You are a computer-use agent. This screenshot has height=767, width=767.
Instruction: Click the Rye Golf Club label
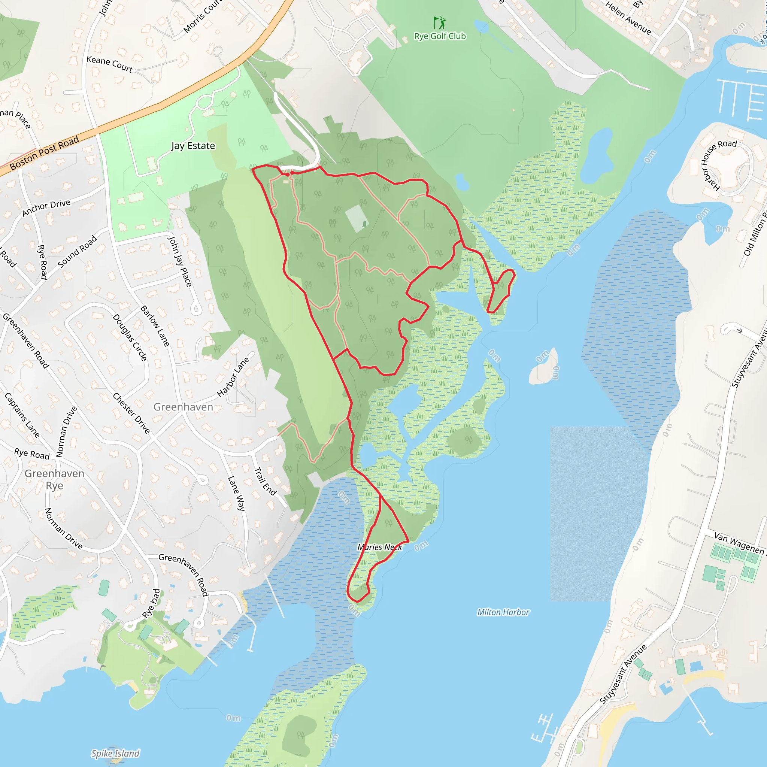point(440,36)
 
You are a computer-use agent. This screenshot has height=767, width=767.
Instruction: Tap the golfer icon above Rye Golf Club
point(439,22)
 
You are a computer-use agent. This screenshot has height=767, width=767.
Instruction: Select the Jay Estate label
point(193,146)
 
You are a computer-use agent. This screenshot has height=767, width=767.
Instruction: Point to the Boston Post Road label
point(44,153)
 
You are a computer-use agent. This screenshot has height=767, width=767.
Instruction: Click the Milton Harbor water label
point(503,612)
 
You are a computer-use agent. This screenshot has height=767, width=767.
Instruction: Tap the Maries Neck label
point(379,547)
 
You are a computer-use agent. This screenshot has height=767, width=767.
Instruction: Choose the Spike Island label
point(115,753)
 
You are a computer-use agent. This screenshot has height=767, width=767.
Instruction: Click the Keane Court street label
point(110,64)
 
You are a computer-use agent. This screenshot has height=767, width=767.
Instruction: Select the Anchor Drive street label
point(46,207)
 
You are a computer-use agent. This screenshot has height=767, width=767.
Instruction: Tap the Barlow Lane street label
point(155,326)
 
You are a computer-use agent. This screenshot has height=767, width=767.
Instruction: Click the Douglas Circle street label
point(130,337)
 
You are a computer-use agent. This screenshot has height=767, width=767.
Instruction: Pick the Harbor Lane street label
point(233,377)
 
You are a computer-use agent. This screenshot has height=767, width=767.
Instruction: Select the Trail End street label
point(265,481)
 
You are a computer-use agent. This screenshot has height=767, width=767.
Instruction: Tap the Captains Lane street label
point(22,415)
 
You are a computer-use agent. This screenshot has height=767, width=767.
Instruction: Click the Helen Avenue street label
point(628,18)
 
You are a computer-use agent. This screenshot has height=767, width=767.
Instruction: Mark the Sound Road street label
point(78,251)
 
